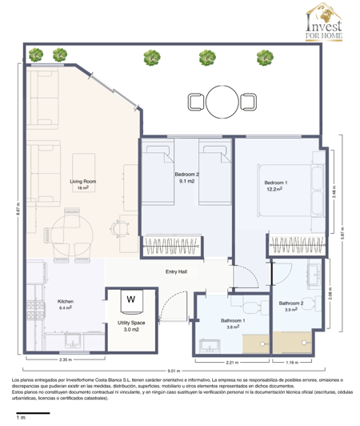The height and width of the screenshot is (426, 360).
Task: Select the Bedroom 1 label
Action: (276, 183)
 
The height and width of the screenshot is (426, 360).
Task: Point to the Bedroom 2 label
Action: (186, 174)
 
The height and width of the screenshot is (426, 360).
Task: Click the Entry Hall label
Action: (176, 271)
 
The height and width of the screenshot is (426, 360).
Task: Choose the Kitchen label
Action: (65, 302)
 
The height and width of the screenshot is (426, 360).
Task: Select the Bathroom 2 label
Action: (290, 303)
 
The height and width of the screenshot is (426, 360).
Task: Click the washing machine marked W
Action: (130, 301)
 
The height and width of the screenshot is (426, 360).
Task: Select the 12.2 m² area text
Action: (276, 190)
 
